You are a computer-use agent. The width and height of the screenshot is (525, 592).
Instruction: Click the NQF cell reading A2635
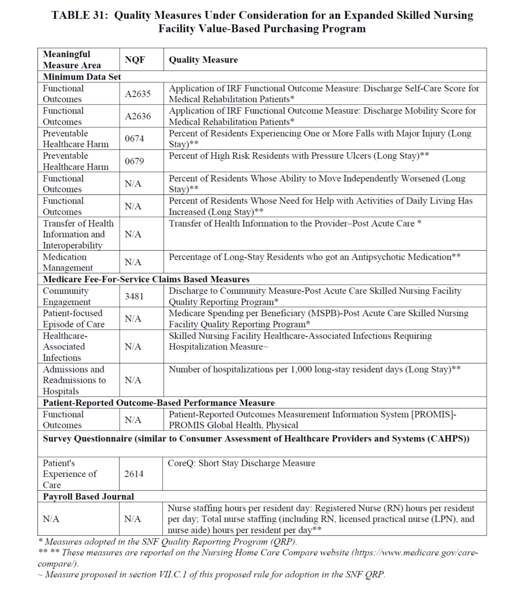137,94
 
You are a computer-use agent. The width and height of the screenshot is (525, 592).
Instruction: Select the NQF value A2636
137,116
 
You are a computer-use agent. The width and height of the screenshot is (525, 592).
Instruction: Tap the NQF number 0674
134,138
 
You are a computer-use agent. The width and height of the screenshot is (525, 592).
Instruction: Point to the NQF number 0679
134,161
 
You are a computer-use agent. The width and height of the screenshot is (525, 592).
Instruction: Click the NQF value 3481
134,296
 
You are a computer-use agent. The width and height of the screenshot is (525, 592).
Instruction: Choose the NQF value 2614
134,474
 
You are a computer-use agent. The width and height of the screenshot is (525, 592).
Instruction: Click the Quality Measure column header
203,60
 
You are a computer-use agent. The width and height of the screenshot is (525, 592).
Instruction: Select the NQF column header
135,60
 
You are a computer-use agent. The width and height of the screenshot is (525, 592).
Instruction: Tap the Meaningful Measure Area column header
72,60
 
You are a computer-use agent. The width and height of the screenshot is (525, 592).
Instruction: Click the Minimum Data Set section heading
82,77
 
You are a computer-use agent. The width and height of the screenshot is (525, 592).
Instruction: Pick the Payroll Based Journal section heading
88,496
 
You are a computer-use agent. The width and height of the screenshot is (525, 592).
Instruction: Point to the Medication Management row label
67,262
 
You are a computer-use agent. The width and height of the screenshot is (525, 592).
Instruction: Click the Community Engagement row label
66,296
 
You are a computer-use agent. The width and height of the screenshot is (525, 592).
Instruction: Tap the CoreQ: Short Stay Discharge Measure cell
241,463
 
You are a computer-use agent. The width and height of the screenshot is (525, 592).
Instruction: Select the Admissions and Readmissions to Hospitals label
74,380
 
